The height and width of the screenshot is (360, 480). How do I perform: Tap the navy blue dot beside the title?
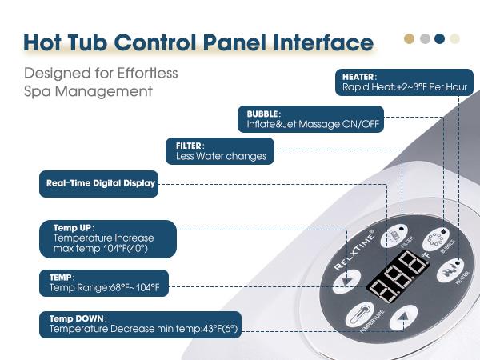(x=440, y=38)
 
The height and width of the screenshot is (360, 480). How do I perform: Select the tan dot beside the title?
(x=410, y=38)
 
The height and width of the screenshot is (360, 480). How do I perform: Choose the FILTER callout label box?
(x=220, y=151)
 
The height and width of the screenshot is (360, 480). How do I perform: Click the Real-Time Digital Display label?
(x=98, y=183)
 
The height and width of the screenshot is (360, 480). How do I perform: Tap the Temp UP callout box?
(x=106, y=238)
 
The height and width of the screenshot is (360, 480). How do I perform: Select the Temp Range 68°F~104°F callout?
(x=103, y=282)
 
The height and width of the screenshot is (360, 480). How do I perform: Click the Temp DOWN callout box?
(x=140, y=323)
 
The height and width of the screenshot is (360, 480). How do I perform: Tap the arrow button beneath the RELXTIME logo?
(x=346, y=282)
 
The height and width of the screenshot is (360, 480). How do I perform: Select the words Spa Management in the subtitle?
(x=88, y=91)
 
